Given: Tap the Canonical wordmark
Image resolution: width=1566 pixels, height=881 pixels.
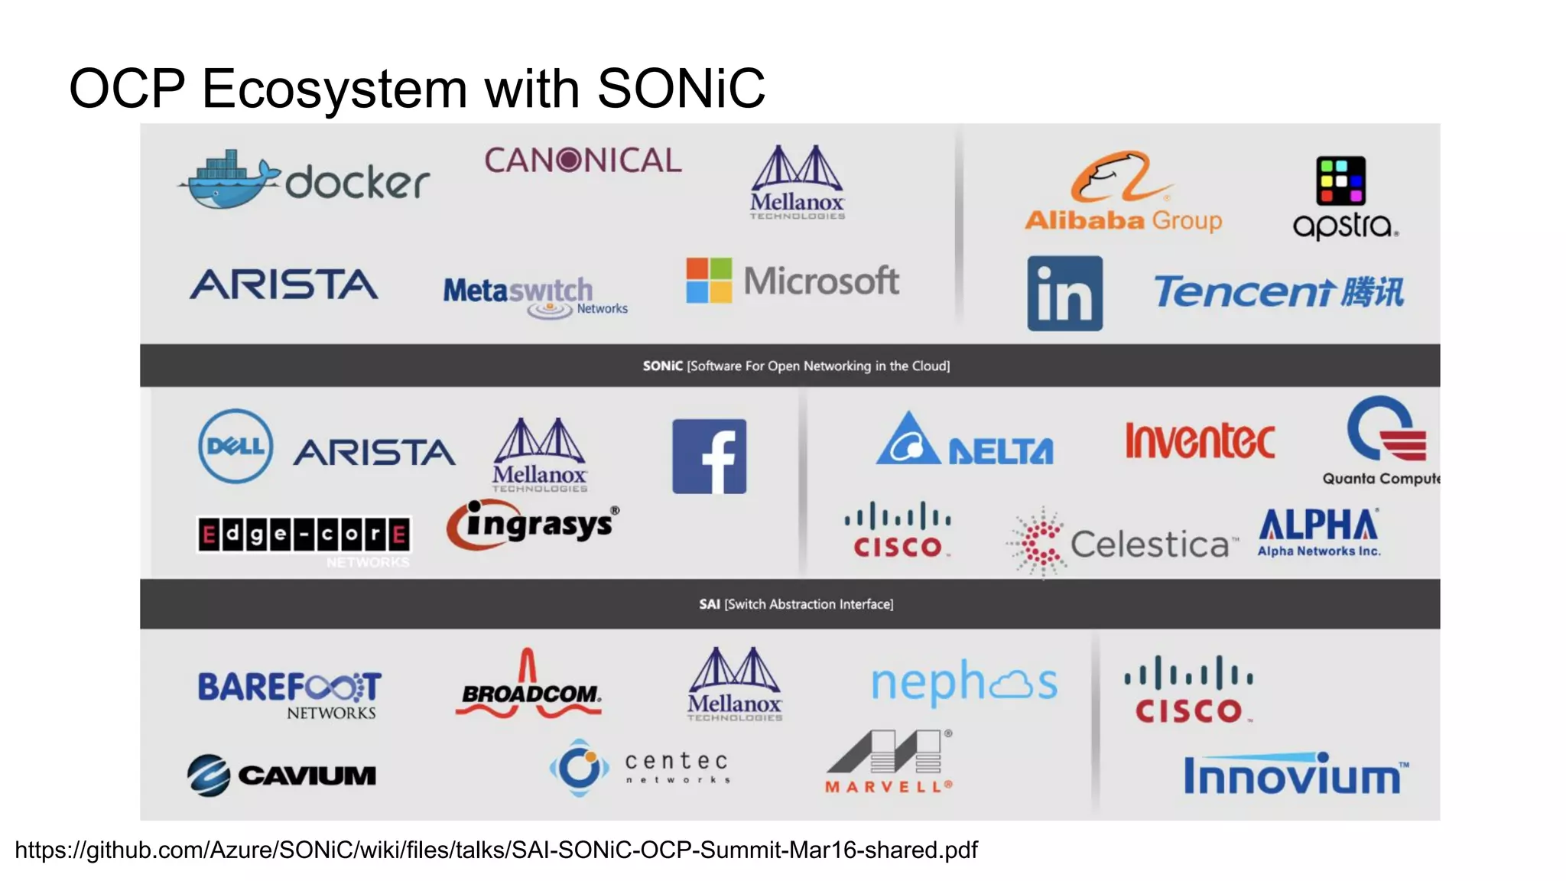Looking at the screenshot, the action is (x=583, y=161).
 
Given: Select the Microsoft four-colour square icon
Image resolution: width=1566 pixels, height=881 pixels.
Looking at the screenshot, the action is (x=709, y=281).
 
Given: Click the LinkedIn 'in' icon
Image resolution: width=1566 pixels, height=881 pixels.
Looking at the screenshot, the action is (x=1064, y=294).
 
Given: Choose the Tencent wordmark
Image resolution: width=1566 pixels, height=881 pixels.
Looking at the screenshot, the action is (x=1278, y=292).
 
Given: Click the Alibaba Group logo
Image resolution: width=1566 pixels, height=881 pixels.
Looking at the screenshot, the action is (x=1123, y=192).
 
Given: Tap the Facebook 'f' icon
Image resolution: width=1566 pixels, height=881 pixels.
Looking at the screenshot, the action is (x=709, y=457).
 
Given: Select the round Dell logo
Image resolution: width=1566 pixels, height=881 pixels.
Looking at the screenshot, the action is (x=236, y=447).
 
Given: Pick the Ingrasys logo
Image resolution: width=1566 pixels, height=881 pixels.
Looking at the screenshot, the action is (x=534, y=525).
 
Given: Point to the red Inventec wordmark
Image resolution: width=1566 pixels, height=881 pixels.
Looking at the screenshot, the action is (x=1200, y=441).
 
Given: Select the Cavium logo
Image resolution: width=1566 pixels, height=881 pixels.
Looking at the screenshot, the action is (x=281, y=775).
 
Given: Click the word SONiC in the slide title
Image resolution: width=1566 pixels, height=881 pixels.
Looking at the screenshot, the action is (x=681, y=89).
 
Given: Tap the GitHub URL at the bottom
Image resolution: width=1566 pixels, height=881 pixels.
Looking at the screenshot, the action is (x=496, y=850).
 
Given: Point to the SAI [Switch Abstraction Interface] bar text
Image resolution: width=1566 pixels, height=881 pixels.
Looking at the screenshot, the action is (x=796, y=604).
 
